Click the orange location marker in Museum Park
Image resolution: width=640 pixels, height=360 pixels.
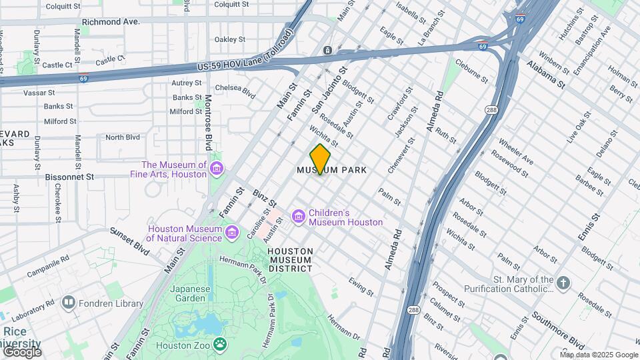pyautogui.click(x=321, y=159)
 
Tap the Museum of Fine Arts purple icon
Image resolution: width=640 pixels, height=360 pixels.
pyautogui.click(x=217, y=169)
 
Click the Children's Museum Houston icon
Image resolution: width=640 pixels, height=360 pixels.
pyautogui.click(x=298, y=217)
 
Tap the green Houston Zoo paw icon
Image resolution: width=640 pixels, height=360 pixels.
pyautogui.click(x=219, y=345)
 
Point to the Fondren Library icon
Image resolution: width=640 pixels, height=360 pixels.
pyautogui.click(x=68, y=303)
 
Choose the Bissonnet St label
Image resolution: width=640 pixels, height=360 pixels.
pyautogui.click(x=70, y=177)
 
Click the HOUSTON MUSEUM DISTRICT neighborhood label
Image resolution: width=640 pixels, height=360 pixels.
pyautogui.click(x=290, y=260)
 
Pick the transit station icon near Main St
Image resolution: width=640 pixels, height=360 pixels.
pyautogui.click(x=327, y=51)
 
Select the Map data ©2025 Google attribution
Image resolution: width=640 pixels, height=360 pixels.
pyautogui.click(x=599, y=355)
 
